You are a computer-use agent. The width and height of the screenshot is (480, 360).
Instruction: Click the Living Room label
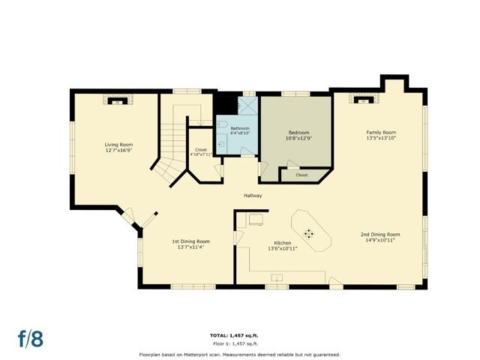[118, 145]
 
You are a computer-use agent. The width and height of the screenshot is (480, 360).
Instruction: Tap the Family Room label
[381, 132]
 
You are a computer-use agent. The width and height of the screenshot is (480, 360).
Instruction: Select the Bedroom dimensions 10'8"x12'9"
[298, 138]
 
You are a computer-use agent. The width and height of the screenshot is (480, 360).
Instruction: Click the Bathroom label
[240, 128]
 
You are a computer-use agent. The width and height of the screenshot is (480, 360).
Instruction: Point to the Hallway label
[253, 195]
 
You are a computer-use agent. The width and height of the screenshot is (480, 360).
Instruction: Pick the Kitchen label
[283, 243]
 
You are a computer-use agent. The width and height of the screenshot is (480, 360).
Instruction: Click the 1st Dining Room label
[190, 241]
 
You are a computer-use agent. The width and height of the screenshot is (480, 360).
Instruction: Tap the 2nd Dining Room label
[380, 235]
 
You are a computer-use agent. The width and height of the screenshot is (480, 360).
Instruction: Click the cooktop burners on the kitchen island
[309, 233]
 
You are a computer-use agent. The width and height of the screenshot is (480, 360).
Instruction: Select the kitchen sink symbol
[277, 278]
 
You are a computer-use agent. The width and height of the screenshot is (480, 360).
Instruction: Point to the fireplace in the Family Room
[364, 99]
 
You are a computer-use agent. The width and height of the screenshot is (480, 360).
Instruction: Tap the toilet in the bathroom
[222, 124]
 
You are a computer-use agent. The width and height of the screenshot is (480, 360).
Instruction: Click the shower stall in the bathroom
[248, 106]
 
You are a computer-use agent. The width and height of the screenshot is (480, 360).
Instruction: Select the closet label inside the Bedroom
[301, 175]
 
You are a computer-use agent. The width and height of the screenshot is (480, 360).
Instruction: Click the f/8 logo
[31, 338]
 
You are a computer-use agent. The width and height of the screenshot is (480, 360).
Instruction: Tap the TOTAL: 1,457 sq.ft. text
[235, 335]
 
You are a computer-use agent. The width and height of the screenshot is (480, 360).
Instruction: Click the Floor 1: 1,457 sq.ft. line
[235, 343]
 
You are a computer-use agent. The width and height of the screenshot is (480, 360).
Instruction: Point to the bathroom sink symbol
[222, 144]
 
